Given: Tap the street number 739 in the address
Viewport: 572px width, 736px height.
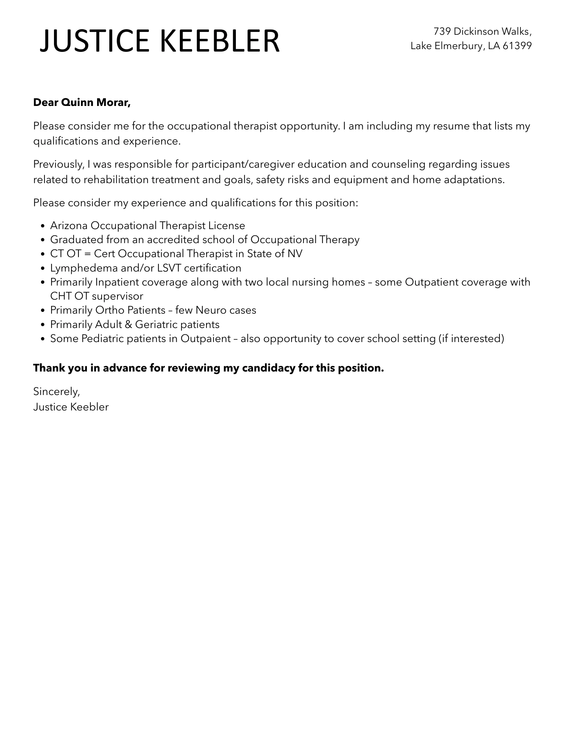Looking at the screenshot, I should point(442,32).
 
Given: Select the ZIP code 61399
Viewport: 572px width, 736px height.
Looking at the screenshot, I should point(517,46).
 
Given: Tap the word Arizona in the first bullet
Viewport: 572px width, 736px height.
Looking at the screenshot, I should point(69,226).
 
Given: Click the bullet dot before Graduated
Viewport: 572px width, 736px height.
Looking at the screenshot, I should point(43,240).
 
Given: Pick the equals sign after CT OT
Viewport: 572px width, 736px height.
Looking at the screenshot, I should point(88,254).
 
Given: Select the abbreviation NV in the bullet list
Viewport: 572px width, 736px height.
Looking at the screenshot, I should point(295,254).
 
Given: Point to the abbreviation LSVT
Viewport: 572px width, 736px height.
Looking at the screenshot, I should point(169,268).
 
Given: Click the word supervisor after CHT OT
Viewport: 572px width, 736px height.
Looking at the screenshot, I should point(117,296).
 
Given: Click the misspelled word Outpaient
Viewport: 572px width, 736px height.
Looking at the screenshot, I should point(206,339).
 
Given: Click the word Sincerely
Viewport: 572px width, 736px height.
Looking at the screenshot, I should point(56,391).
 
